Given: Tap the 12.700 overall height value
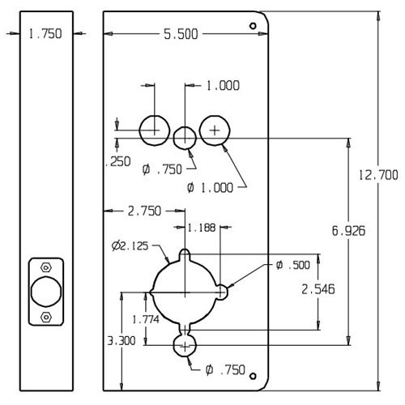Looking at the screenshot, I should [377, 174].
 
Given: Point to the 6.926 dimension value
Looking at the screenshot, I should [347, 231].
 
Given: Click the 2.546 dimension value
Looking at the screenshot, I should [317, 288].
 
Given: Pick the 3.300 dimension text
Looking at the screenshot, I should [121, 342].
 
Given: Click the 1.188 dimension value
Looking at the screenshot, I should [202, 228].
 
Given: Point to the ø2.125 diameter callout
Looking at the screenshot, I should [132, 244].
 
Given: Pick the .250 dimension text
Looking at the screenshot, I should [117, 161].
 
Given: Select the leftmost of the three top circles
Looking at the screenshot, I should [153, 128].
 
